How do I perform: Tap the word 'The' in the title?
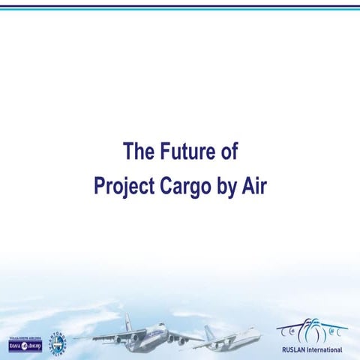[x=139, y=152]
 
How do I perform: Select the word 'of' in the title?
[x=228, y=152]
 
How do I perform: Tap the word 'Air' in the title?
[x=253, y=185]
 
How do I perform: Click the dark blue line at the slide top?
[x=180, y=6]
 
